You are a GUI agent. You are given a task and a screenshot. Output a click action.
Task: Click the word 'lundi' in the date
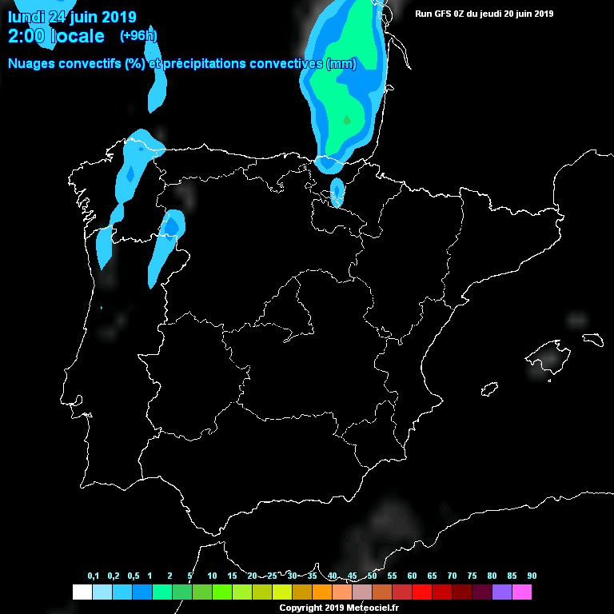pyautogui.click(x=26, y=17)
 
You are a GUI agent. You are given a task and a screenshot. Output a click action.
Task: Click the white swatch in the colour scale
pyautogui.click(x=82, y=592)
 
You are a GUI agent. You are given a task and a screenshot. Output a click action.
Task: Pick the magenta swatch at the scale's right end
pyautogui.click(x=522, y=592)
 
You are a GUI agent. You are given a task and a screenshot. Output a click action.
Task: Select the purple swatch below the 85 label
pyautogui.click(x=502, y=592)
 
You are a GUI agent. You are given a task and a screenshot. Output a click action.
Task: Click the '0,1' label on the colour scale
pyautogui.click(x=94, y=576)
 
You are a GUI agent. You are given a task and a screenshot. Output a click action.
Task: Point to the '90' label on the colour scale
pyautogui.click(x=532, y=576)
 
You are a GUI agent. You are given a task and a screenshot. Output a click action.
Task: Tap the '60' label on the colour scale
pyautogui.click(x=412, y=576)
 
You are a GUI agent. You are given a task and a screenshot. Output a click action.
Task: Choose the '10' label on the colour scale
pyautogui.click(x=212, y=576)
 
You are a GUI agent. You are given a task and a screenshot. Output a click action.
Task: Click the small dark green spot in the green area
pyautogui.click(x=347, y=119)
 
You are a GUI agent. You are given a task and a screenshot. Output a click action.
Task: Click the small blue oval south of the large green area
pyautogui.click(x=337, y=193)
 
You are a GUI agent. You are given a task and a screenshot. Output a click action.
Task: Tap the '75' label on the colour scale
pyautogui.click(x=472, y=576)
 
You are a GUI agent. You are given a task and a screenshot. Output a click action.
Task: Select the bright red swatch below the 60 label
pyautogui.click(x=422, y=592)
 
